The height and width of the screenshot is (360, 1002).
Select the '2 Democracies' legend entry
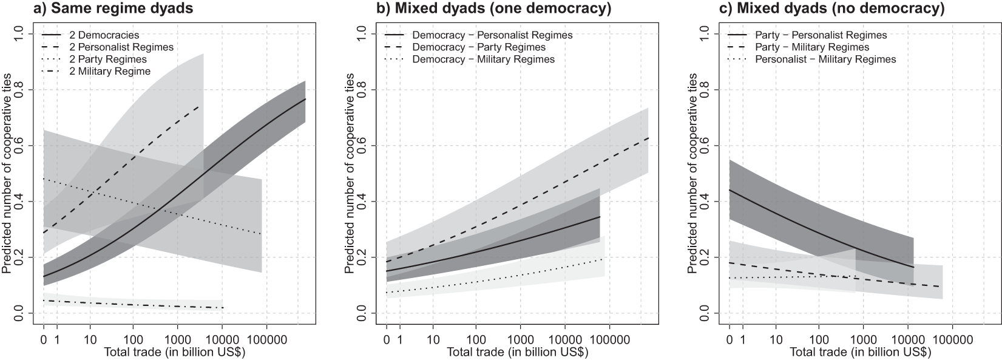(x=109, y=35)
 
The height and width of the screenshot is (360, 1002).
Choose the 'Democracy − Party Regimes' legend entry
(x=479, y=47)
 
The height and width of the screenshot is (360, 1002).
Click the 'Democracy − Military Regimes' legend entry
(x=484, y=59)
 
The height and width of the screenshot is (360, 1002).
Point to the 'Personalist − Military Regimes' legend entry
(x=825, y=59)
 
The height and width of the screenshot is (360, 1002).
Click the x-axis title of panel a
(x=175, y=353)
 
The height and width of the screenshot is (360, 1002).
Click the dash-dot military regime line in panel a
(x=121, y=304)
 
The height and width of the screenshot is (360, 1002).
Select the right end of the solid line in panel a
(x=305, y=99)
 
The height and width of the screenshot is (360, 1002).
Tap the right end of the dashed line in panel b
(x=648, y=138)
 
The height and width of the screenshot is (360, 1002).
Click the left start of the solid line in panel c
(x=729, y=190)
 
